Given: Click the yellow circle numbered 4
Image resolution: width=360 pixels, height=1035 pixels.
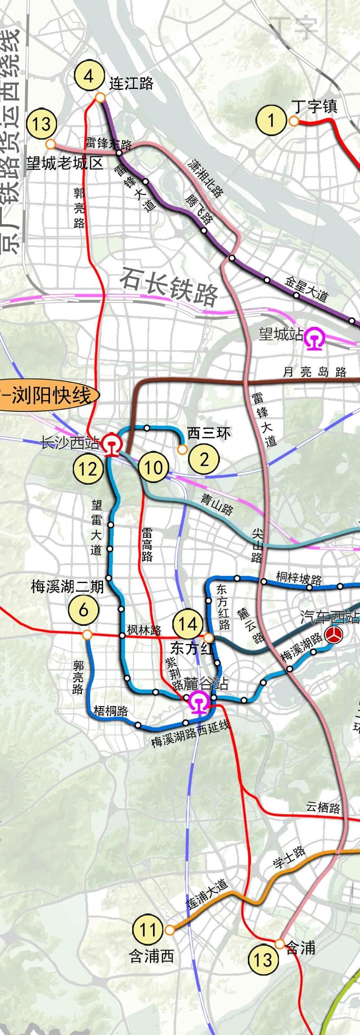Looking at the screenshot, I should tap(89, 76).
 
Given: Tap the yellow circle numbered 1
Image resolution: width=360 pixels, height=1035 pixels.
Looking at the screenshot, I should tap(271, 120).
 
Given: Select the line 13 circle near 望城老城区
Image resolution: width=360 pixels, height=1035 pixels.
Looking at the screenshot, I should tap(42, 124).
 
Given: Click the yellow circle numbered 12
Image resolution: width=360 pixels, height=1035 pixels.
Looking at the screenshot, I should tap(88, 469).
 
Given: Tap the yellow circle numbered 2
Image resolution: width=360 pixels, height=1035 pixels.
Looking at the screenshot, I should tap(204, 459).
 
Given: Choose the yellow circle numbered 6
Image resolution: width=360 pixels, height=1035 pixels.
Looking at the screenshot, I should tap(83, 610).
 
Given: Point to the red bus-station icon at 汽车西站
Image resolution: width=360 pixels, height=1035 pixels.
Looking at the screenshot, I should tap(334, 635).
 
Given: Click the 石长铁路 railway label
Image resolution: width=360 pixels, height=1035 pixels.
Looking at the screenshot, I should tap(169, 285).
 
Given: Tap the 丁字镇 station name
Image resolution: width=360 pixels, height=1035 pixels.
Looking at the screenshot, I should tap(314, 106).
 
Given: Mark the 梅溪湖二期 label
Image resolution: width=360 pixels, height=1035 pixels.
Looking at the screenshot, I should tap(67, 586).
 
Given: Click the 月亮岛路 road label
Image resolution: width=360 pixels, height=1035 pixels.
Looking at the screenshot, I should tap(315, 372).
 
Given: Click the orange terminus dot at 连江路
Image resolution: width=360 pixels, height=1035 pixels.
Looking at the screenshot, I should tap(100, 97).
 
